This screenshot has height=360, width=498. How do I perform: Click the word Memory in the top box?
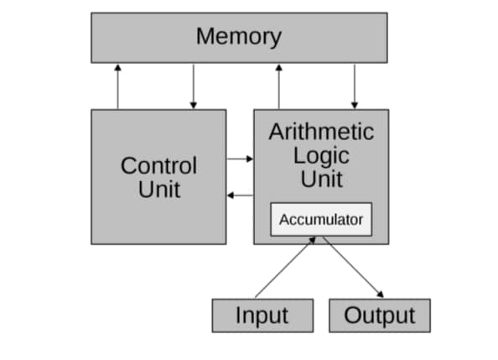(x=239, y=37)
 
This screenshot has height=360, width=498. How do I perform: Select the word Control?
(x=158, y=165)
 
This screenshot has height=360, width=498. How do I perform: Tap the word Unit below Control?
(x=159, y=189)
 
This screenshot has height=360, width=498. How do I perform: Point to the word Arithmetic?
(x=321, y=132)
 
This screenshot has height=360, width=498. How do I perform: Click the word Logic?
(x=321, y=155)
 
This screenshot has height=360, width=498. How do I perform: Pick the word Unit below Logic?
(x=321, y=179)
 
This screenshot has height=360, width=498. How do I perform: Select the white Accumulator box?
(x=321, y=220)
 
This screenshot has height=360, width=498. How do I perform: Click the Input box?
(x=262, y=316)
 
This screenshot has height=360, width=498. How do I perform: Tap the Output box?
(x=380, y=316)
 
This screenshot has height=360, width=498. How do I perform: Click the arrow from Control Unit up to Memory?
(x=117, y=86)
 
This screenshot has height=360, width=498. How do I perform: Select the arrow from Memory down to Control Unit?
(x=194, y=86)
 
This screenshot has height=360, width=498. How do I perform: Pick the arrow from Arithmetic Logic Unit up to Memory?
(x=278, y=86)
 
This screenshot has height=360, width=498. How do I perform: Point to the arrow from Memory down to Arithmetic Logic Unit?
(x=355, y=86)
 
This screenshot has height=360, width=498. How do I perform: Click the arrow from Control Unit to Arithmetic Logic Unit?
(x=240, y=158)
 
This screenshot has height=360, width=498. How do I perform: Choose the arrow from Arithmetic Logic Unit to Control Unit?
(x=240, y=195)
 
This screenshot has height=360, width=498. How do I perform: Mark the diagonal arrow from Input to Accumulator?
(x=285, y=267)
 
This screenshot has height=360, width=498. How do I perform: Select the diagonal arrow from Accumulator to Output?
(x=352, y=267)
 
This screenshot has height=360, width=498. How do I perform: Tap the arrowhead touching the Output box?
(x=381, y=295)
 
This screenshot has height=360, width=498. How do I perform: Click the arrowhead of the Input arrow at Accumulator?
(x=313, y=240)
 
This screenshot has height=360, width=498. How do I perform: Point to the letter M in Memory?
(x=205, y=37)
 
